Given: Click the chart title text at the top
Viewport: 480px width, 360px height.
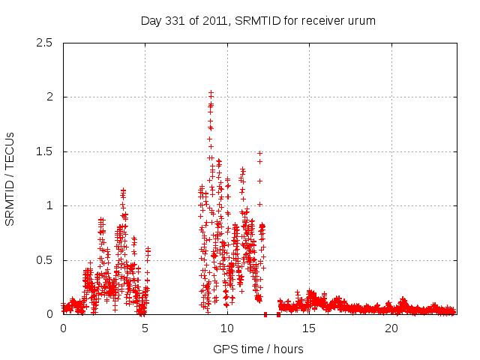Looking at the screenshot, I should click(x=258, y=20).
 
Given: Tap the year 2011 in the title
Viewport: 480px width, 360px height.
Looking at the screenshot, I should click(x=220, y=20).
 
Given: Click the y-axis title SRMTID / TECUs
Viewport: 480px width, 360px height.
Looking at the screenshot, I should click(x=10, y=178).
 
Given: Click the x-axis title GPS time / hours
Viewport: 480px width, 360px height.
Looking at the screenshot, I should click(x=258, y=349).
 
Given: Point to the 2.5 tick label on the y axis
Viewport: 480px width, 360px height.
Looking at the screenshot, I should click(x=45, y=43).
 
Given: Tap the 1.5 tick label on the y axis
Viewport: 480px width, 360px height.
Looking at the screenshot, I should click(x=45, y=151).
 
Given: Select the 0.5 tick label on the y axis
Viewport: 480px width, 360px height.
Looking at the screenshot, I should click(x=45, y=260).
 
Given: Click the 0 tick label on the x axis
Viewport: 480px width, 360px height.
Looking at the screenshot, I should click(x=63, y=328).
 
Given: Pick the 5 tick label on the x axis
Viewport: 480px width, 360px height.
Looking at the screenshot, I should click(x=145, y=328).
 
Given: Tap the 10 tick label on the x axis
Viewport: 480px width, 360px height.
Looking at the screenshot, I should click(x=227, y=328).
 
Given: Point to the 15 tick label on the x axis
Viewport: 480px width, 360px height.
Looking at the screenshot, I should click(x=309, y=328).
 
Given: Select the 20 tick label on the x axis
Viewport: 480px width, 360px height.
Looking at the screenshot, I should click(x=391, y=328).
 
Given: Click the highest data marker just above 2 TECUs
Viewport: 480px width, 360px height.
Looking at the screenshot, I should click(x=211, y=92).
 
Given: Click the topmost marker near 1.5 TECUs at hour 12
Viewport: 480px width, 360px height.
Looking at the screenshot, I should click(x=259, y=153).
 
